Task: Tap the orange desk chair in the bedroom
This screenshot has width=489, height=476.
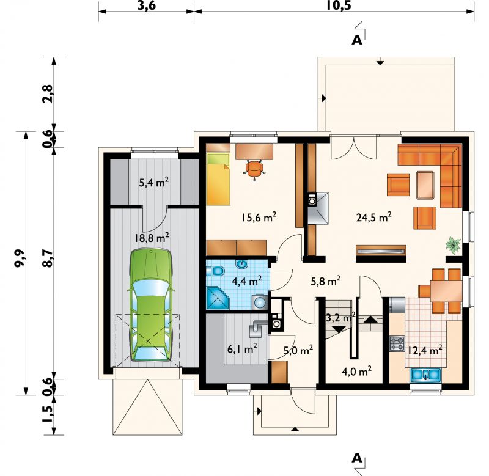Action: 255,169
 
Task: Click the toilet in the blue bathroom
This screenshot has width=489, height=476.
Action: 215,271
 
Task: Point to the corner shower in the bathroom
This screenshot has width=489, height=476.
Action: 218,298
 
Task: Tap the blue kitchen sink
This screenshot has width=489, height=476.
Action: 425,375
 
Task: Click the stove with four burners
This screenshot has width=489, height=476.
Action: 397,344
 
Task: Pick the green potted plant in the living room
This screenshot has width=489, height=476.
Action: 453,244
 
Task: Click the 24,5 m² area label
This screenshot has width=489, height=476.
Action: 374,217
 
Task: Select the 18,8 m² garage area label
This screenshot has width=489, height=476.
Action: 152,238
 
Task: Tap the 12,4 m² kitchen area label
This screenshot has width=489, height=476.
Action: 424,351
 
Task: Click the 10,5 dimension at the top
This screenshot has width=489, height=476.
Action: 339,5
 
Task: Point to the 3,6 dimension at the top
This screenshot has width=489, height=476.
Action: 146,5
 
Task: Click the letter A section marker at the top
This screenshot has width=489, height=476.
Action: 357,40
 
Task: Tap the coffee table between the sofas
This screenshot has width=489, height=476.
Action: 425,185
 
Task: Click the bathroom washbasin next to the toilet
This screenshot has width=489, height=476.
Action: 241,265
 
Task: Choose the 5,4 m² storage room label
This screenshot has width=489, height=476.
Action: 154,182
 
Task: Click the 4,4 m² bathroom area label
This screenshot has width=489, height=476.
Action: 246,281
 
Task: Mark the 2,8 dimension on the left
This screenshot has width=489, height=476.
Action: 48,94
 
